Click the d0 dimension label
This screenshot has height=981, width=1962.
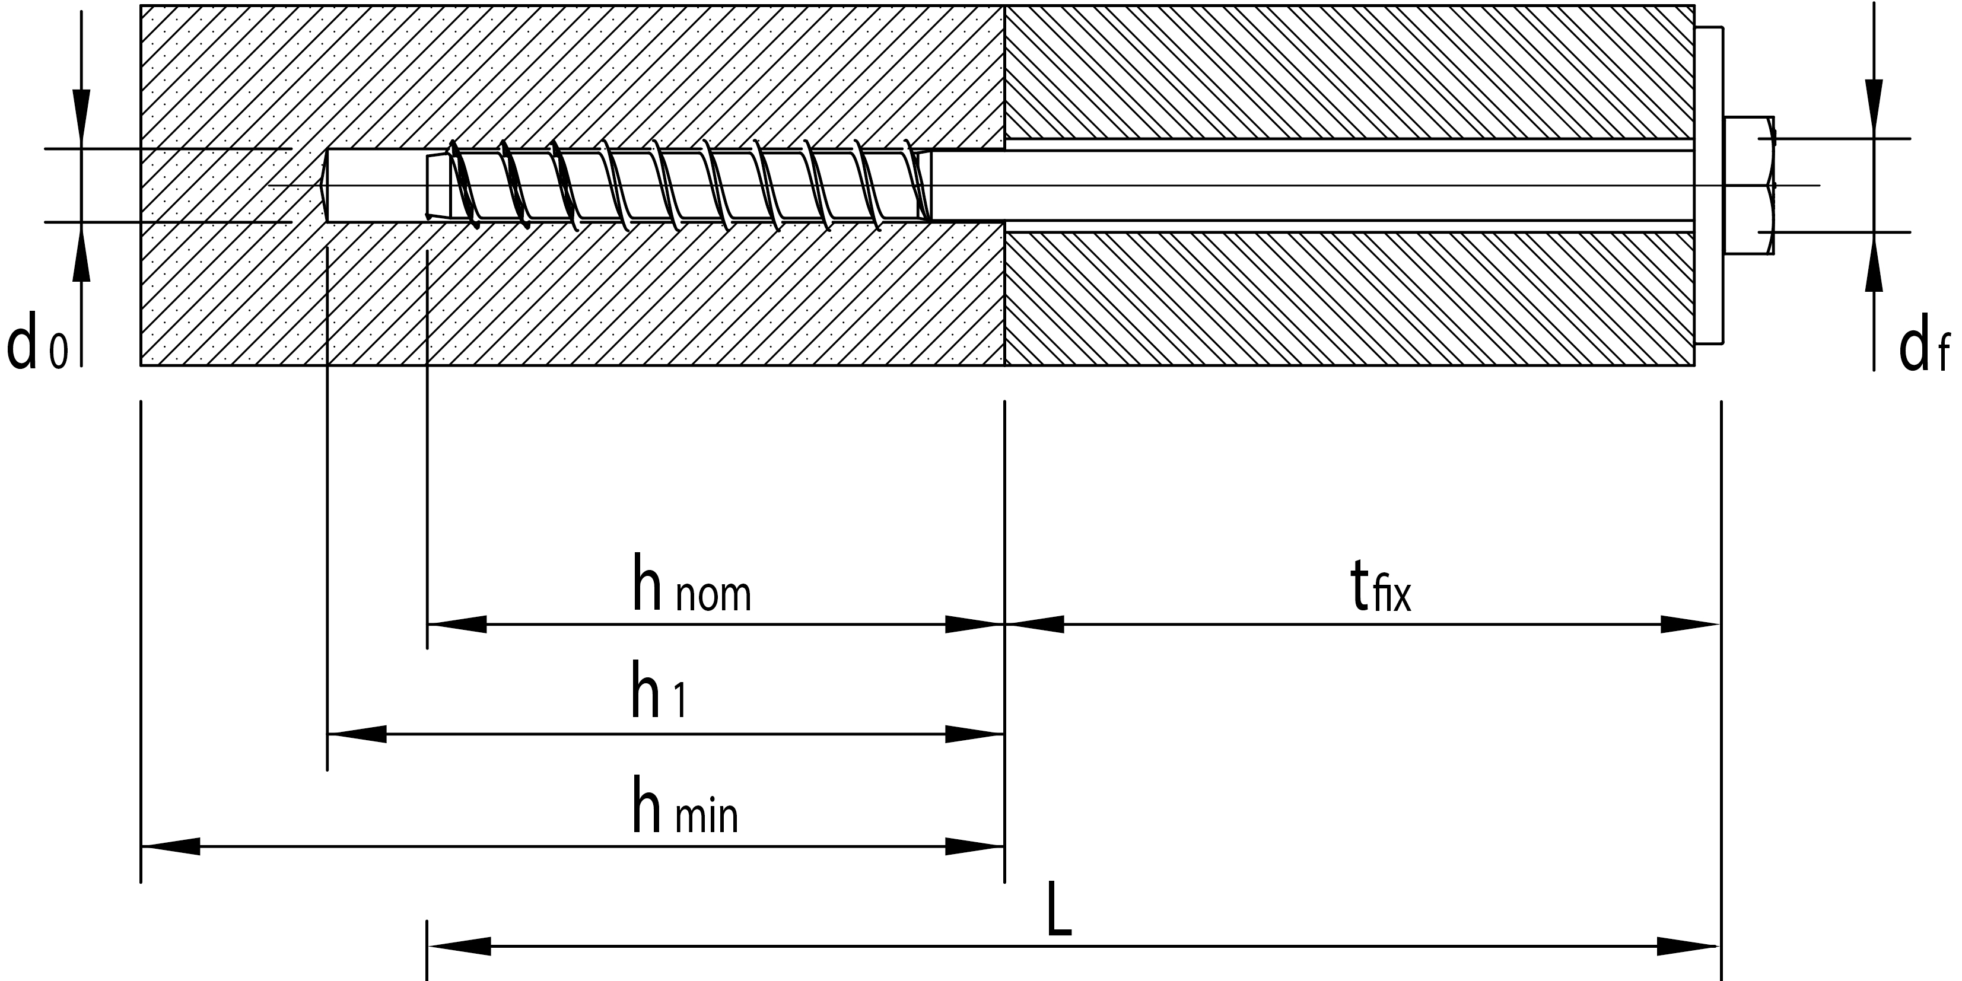(x=37, y=346)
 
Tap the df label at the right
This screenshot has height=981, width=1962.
(x=1923, y=349)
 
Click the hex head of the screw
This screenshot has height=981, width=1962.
(x=1749, y=185)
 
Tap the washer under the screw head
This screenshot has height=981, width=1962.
(x=1709, y=185)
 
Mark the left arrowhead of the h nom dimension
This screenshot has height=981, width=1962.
(x=457, y=625)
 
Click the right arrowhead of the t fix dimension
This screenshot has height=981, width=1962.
(x=1688, y=625)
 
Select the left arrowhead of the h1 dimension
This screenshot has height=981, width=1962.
(x=357, y=734)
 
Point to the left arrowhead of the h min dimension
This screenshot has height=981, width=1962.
(x=171, y=846)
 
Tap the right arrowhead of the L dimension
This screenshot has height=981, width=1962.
(x=1687, y=947)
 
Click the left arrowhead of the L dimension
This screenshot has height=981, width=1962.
(x=459, y=947)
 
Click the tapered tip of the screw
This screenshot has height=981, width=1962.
(x=438, y=186)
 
